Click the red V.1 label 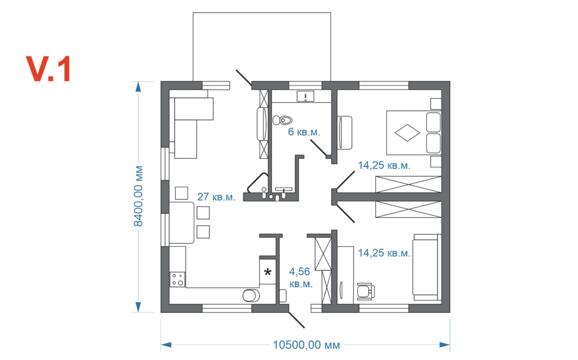tap(49, 69)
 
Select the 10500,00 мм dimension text tap(306, 345)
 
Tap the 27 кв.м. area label tap(216, 196)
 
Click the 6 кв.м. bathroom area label tap(304, 132)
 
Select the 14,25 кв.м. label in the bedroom tap(384, 165)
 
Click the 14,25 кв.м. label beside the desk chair tap(384, 253)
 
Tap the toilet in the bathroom tap(283, 120)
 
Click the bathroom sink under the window tap(305, 97)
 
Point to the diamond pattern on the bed tap(407, 132)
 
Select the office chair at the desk tap(365, 290)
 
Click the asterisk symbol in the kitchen tap(268, 272)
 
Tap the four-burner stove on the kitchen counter tap(177, 280)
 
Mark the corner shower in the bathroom tap(256, 185)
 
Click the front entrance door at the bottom tap(297, 318)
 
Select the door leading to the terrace tap(243, 78)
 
